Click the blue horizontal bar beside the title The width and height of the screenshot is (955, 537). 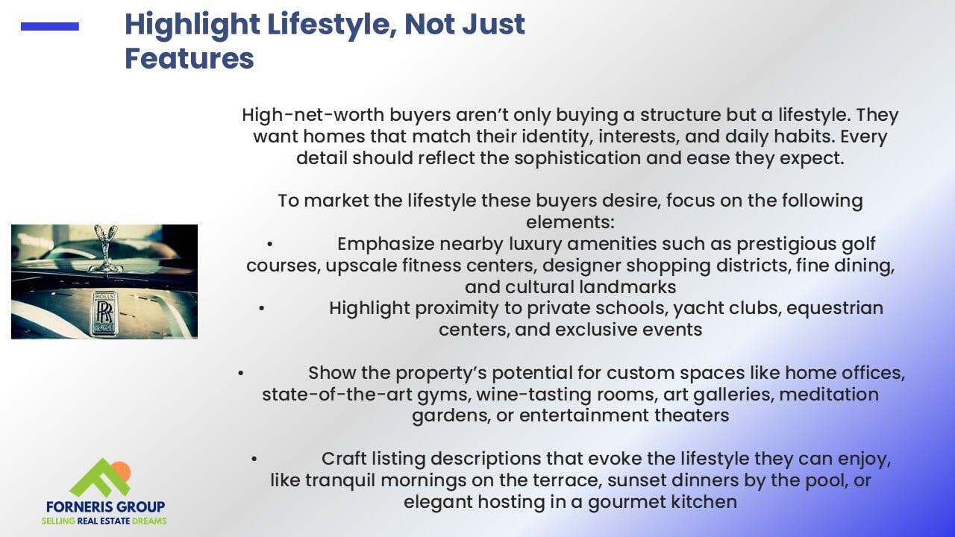point(50,26)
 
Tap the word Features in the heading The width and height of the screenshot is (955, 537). point(190,58)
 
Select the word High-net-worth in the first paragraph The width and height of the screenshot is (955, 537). point(313,115)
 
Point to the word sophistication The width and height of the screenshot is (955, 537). point(577,159)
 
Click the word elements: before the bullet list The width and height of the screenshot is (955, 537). point(570,222)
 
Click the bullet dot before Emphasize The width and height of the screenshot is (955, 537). point(269,245)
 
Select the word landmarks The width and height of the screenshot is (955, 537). point(630,287)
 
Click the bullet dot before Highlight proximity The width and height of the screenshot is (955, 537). point(261,309)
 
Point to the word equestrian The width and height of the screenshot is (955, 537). point(835,309)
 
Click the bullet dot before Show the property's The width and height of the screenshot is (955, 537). point(240,374)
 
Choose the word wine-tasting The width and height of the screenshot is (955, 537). point(533,395)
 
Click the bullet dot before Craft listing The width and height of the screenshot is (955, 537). point(254,459)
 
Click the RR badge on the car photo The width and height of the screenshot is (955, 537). point(104,313)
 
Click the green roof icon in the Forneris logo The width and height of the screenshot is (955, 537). point(99,478)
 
